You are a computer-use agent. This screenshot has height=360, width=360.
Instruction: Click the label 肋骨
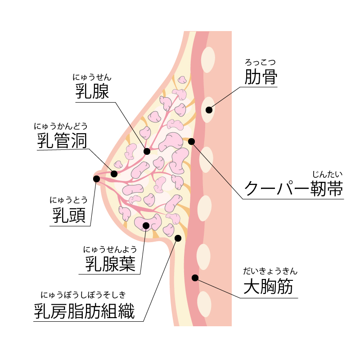[261, 77]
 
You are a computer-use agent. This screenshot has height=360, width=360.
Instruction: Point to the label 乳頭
[69, 215]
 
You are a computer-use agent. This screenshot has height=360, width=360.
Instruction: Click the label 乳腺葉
[110, 263]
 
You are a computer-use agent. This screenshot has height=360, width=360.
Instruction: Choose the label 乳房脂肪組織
[85, 311]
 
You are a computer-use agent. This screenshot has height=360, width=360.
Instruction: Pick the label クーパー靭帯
[293, 188]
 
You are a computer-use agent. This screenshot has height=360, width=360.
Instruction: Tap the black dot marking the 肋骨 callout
[209, 110]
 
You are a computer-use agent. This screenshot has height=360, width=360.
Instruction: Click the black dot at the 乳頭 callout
[96, 179]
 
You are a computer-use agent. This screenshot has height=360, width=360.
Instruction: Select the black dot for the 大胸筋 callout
[195, 278]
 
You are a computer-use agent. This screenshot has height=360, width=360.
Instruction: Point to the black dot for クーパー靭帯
[191, 141]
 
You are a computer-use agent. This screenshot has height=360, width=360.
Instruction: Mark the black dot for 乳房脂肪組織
[178, 238]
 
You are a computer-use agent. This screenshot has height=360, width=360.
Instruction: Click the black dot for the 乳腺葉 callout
[146, 225]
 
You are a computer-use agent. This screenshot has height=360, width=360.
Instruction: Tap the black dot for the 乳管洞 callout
[114, 174]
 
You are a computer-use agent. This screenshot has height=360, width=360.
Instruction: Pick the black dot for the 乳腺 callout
[147, 151]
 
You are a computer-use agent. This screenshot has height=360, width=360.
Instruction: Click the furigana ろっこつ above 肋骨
[260, 62]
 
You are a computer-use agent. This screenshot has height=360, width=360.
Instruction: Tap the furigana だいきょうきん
[270, 271]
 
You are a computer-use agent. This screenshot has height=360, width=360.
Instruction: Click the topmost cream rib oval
[208, 59]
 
